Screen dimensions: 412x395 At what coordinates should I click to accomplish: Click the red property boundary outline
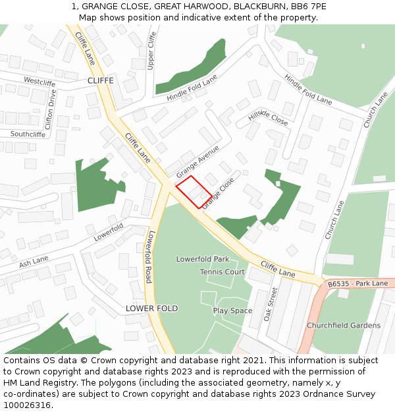(194, 192)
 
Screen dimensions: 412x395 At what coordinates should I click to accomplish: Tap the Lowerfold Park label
(203, 259)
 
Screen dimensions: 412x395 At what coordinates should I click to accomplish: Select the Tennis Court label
(223, 272)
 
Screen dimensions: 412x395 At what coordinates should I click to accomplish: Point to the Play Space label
(232, 310)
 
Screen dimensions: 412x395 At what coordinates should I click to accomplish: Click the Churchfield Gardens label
(343, 326)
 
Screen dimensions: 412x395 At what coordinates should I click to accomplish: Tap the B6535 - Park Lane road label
(357, 284)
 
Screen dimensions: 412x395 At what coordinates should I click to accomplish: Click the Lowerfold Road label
(150, 256)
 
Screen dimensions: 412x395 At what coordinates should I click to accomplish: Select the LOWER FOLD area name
(152, 309)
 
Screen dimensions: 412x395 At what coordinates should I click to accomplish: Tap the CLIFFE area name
(100, 80)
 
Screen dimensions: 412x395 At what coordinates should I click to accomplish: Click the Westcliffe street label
(39, 82)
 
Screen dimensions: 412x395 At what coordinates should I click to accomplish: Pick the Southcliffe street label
(28, 134)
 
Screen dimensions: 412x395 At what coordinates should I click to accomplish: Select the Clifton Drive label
(51, 108)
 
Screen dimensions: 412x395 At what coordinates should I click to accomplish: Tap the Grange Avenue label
(197, 161)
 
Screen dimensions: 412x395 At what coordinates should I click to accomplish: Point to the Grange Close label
(218, 193)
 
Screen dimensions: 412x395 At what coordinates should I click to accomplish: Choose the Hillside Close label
(268, 117)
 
